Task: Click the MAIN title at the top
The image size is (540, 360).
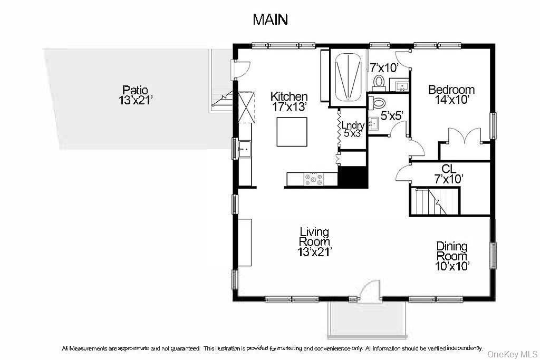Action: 270,20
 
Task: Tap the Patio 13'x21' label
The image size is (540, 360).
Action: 136,94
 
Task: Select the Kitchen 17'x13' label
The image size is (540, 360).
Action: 289,102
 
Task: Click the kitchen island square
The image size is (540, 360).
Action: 292,132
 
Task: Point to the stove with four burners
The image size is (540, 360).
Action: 313,180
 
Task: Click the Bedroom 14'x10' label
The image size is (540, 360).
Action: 451,94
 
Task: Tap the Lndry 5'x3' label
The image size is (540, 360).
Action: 353,130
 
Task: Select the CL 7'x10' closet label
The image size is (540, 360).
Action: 448,174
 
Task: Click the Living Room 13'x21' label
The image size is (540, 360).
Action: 314,242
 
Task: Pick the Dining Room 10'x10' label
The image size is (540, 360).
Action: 452,256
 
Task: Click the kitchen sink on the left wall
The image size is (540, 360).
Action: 244,149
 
